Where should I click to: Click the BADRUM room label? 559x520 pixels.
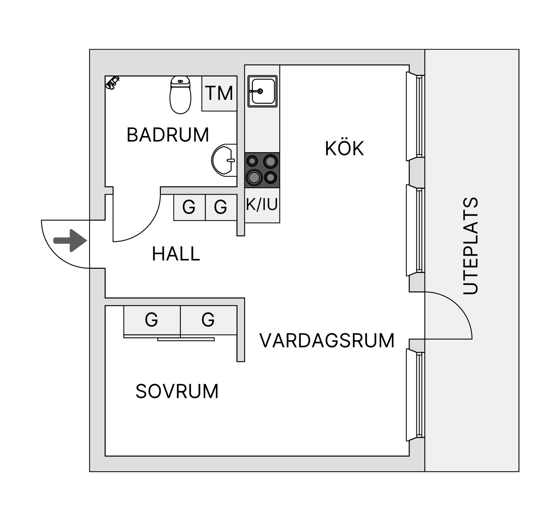[168, 135]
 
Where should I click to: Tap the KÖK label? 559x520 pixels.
[344, 148]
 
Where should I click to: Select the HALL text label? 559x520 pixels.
[176, 254]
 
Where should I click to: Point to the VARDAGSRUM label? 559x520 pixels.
[327, 340]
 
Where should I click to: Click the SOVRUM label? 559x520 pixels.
[177, 391]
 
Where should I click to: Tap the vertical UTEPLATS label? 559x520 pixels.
[470, 246]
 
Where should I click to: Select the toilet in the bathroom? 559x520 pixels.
[180, 95]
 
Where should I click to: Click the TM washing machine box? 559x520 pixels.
[219, 93]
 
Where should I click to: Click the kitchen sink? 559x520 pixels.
[262, 91]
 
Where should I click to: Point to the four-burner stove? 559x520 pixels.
[262, 170]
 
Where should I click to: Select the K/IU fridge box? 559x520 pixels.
[262, 205]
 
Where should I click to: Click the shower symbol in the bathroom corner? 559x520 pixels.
[112, 82]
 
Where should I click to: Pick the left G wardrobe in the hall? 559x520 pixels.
[189, 207]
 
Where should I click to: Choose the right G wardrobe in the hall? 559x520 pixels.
[221, 207]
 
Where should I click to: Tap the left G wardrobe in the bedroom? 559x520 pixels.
[152, 320]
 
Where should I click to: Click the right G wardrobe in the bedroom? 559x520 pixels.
[208, 320]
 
